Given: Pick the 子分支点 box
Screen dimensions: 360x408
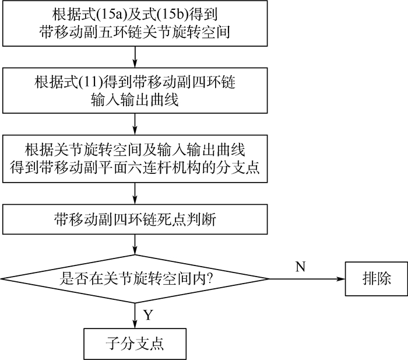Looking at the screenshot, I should (135, 343).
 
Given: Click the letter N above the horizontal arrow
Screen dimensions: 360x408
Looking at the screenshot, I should (301, 267).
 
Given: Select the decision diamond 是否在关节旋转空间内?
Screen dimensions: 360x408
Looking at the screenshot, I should (135, 278).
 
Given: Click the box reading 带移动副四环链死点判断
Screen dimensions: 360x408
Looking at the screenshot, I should (135, 219).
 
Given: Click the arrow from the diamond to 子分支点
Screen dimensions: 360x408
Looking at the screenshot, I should (135, 315).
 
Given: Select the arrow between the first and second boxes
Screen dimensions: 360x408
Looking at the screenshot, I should (135, 57).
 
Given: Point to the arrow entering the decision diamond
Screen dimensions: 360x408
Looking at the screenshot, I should (135, 244).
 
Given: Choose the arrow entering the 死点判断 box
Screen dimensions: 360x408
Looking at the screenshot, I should (135, 194).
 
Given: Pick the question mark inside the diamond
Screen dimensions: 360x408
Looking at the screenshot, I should (209, 279).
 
